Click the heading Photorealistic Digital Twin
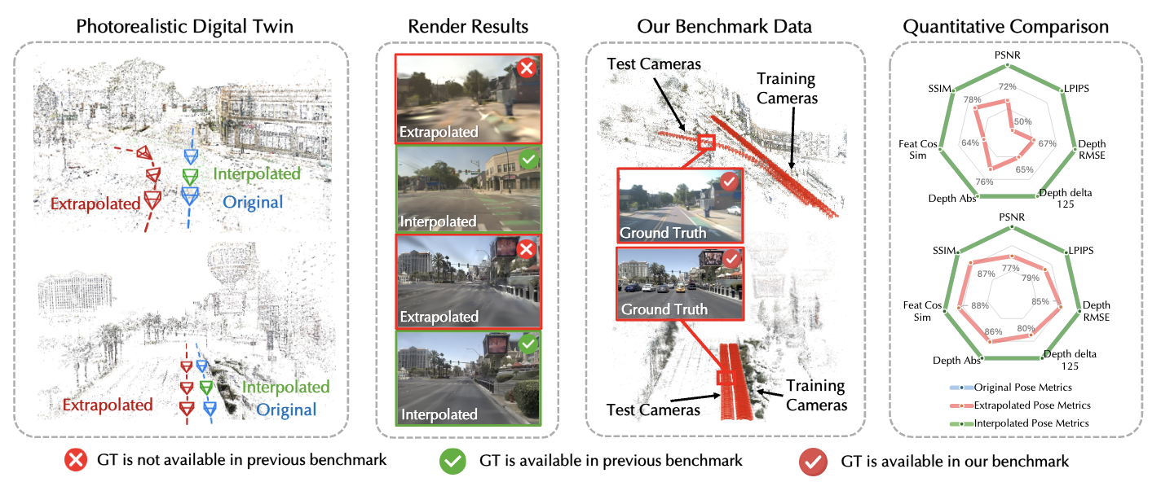[184, 26]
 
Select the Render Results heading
[468, 26]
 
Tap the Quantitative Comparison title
[1005, 26]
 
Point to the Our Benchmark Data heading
[724, 26]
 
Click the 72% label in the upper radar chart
[1008, 87]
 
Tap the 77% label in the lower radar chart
[1010, 268]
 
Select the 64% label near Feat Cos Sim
[970, 143]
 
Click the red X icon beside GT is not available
[75, 461]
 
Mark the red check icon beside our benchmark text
[812, 461]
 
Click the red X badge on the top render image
[526, 69]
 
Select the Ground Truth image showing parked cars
[680, 283]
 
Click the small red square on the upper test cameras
[706, 142]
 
